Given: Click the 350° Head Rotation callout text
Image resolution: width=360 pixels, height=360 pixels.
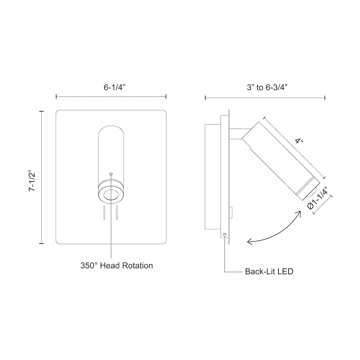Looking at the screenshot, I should [116, 266].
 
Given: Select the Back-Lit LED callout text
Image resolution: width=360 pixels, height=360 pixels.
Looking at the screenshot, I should [269, 271].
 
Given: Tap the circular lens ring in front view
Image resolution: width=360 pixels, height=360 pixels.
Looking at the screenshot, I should [111, 195].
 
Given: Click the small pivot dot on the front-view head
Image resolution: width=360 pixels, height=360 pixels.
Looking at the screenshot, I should [111, 173].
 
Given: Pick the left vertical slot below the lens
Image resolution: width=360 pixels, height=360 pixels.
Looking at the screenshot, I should [104, 213].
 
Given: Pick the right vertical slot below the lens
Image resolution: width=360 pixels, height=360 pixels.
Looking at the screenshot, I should [117, 213].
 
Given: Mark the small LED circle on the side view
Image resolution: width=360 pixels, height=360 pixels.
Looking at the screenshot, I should [225, 235].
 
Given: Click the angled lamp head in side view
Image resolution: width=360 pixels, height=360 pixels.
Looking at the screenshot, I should [280, 160].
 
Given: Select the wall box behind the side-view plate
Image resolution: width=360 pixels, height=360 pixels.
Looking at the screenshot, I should [212, 177].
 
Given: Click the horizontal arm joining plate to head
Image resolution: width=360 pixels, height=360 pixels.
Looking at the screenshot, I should [237, 133].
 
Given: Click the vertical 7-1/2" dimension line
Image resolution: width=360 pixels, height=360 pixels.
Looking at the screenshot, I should [42, 177].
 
